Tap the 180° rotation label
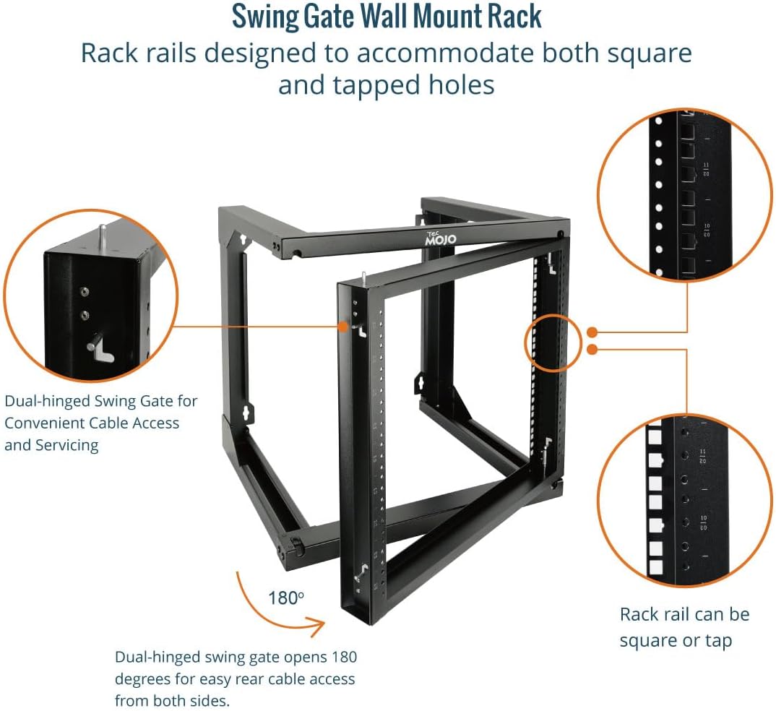click(x=284, y=598)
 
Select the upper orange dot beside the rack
click(x=592, y=332)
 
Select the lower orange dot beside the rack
click(x=592, y=350)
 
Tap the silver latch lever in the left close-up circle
click(x=100, y=347)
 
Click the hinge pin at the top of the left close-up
click(x=103, y=236)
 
